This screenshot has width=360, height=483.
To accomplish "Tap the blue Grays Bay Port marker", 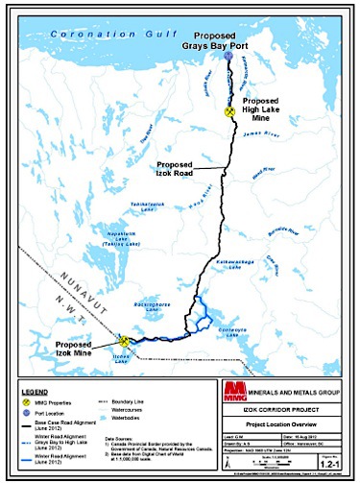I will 228,57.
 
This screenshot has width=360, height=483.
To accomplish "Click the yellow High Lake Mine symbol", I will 229,111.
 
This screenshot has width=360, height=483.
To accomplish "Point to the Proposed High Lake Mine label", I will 261,111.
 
